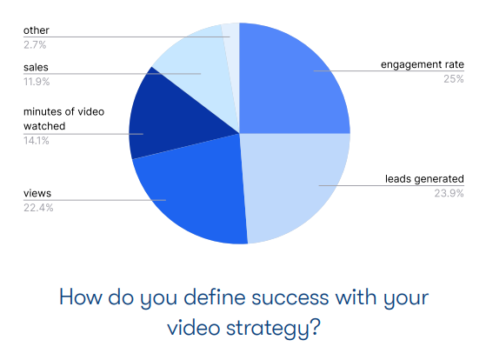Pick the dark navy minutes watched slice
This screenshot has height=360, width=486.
pyautogui.click(x=174, y=121)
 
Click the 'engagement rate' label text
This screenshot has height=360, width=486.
pyautogui.click(x=423, y=64)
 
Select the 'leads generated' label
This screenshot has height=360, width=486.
pyautogui.click(x=424, y=179)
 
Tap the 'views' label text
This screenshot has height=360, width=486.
pyautogui.click(x=37, y=194)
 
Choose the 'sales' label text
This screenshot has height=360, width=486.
pyautogui.click(x=36, y=67)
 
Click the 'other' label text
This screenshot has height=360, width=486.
pyautogui.click(x=37, y=30)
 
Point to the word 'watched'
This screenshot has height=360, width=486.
pyautogui.click(x=44, y=126)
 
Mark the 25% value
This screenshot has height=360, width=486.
pyautogui.click(x=454, y=79)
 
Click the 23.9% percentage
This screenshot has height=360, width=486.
pyautogui.click(x=449, y=194)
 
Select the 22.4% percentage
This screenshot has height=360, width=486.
pyautogui.click(x=38, y=208)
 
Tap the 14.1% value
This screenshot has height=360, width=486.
pyautogui.click(x=37, y=141)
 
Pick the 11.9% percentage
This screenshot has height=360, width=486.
pyautogui.click(x=37, y=82)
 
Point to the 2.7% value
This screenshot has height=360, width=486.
pyautogui.click(x=35, y=45)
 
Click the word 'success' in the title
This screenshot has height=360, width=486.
pyautogui.click(x=290, y=297)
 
